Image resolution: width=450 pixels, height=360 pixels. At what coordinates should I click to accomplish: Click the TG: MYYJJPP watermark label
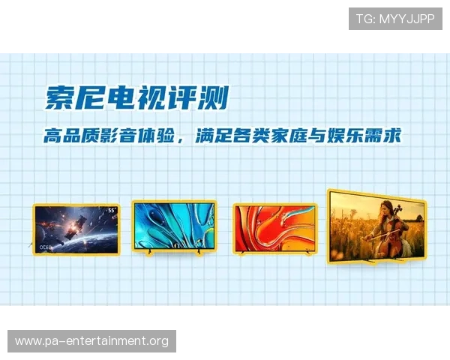coord(395,19)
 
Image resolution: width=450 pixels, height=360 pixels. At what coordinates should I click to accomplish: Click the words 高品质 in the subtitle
coord(73,136)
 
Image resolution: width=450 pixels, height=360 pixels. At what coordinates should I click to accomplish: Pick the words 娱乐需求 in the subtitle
coord(370,136)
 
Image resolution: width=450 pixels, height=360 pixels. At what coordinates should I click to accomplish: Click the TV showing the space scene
coord(76,229)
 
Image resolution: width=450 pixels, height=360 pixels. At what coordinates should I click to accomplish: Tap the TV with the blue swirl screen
coord(174,227)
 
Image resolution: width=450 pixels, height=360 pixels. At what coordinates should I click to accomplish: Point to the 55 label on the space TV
coord(110,211)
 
